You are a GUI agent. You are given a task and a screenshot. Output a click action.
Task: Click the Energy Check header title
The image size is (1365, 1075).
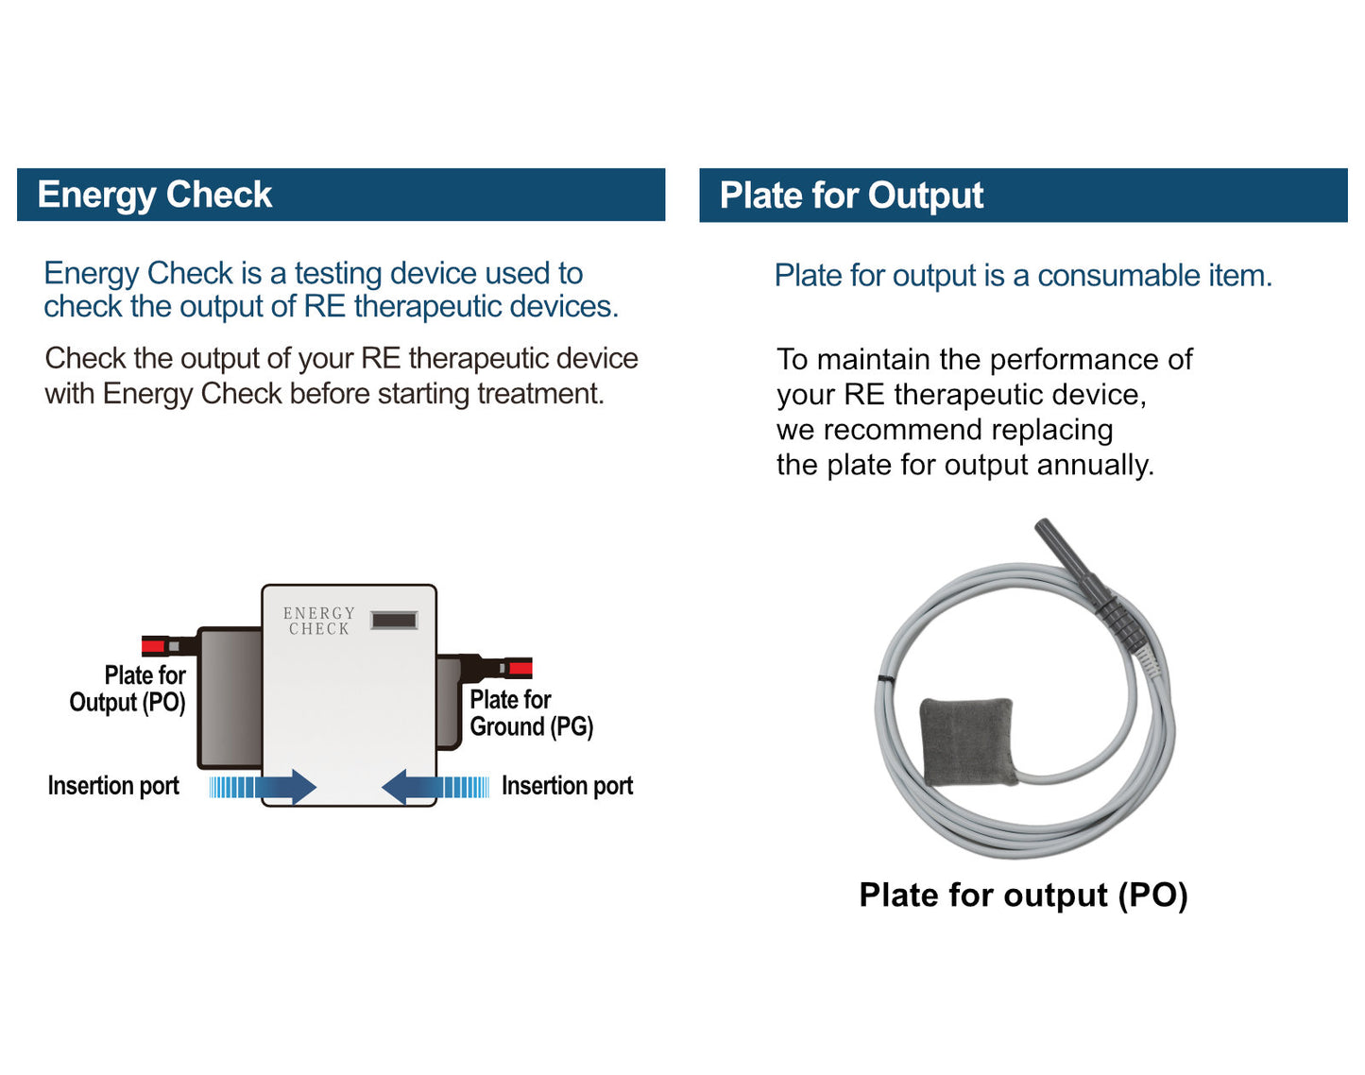point(155,195)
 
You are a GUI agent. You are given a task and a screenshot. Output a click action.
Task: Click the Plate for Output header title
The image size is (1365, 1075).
point(851,196)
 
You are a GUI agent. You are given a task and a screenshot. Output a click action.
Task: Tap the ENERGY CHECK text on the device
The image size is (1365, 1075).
point(319,621)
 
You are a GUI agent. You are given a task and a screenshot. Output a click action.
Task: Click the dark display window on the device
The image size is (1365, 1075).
point(394,621)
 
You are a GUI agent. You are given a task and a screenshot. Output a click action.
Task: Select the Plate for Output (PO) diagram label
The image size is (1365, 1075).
point(128,689)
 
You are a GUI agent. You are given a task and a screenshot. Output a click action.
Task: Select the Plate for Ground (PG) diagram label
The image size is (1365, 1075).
point(531,713)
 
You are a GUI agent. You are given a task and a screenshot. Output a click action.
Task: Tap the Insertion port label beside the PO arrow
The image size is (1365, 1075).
point(113,786)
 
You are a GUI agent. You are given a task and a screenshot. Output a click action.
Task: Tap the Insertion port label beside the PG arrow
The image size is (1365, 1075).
point(567,786)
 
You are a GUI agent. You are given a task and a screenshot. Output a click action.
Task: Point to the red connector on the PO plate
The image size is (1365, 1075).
point(153,646)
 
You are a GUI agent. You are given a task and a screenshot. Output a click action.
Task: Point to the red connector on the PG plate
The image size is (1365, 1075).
point(520,669)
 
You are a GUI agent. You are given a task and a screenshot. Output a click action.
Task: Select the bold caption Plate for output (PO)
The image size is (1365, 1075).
point(1023,895)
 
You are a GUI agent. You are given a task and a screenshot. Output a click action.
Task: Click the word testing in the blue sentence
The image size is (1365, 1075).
point(338,273)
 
